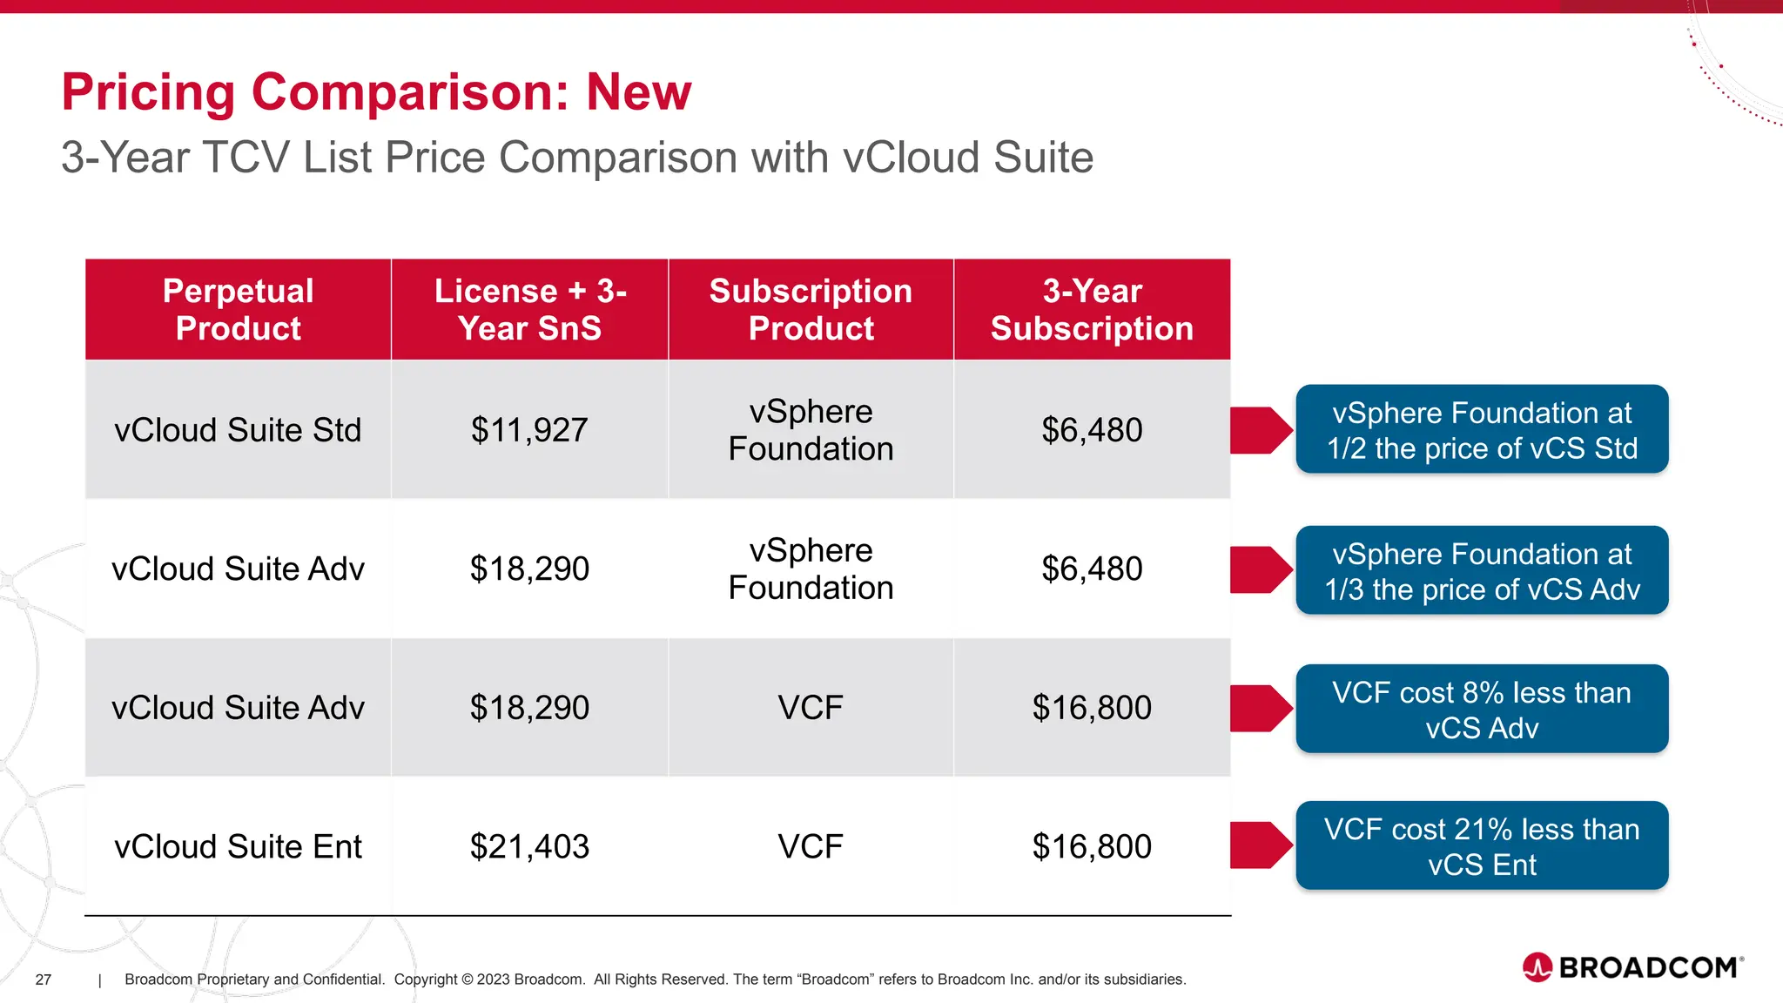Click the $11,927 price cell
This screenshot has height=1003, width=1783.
(529, 430)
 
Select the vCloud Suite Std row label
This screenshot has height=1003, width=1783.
(238, 430)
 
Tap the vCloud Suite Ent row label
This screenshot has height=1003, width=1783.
(238, 846)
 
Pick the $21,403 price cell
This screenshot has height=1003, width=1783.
(529, 846)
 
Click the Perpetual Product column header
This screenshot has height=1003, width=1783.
(238, 309)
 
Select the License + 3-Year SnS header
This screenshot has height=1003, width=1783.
(529, 309)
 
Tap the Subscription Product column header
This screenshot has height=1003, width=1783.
(811, 309)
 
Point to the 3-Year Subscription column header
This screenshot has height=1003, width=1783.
(1092, 309)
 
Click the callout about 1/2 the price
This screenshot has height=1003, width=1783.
(1482, 430)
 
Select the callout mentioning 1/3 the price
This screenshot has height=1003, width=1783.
(1482, 571)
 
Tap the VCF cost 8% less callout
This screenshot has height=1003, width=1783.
(1482, 710)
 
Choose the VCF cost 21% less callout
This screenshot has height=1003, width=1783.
(1482, 846)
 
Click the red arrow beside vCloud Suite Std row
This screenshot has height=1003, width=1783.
(1260, 430)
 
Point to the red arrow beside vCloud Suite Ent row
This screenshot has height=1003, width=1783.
(1260, 845)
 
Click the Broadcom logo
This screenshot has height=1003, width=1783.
(1633, 967)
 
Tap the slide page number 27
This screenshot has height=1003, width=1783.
(44, 979)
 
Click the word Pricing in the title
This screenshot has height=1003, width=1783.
(148, 92)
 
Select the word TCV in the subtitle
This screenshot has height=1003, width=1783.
(246, 158)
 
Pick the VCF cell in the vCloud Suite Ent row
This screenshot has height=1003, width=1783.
(811, 846)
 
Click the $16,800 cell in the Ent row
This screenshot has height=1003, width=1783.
(1092, 846)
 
